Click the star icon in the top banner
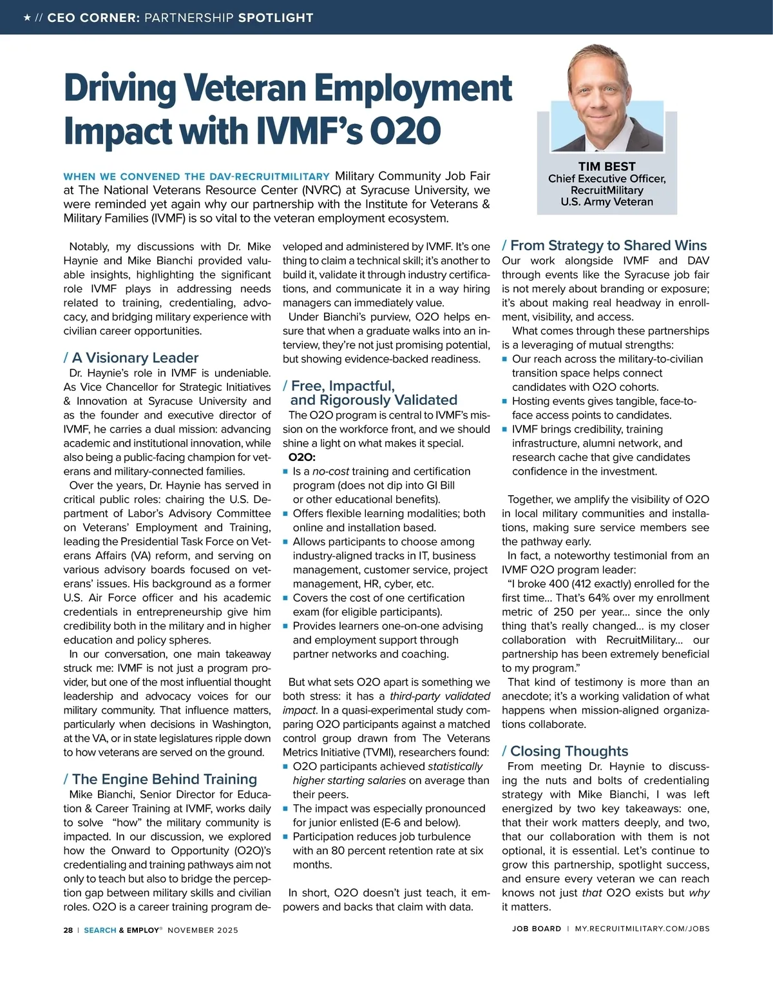pyautogui.click(x=26, y=17)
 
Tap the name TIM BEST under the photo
pyautogui.click(x=606, y=166)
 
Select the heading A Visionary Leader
pyautogui.click(x=135, y=358)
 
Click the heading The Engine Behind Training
pyautogui.click(x=164, y=779)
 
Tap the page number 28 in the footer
pyautogui.click(x=68, y=930)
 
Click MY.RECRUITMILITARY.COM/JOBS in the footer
pyautogui.click(x=642, y=929)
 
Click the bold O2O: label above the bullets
pyautogui.click(x=301, y=457)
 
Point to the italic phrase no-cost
pyautogui.click(x=330, y=471)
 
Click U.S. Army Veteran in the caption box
pyautogui.click(x=606, y=202)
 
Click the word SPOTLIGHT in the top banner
pyautogui.click(x=276, y=17)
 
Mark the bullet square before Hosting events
pyautogui.click(x=505, y=401)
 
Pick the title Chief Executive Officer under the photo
pyautogui.click(x=606, y=179)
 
